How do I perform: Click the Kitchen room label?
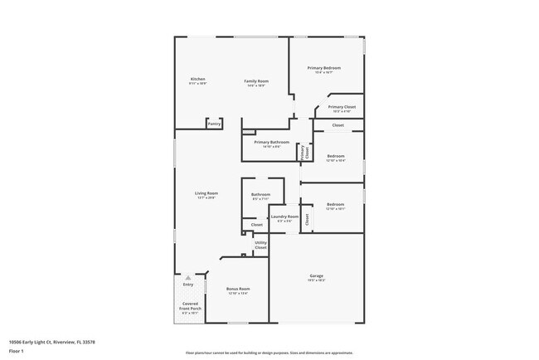[x=197, y=80]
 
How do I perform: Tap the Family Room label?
[x=255, y=81]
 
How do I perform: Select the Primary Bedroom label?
[x=324, y=68]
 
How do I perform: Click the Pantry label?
[x=214, y=124]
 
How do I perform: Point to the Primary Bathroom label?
[x=272, y=143]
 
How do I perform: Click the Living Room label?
[x=206, y=193]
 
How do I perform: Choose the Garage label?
[x=317, y=276]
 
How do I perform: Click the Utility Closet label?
[x=260, y=246]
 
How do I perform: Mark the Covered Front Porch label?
[x=190, y=307]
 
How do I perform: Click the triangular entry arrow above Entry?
[x=188, y=278]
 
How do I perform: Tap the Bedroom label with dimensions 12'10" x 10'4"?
[x=335, y=156]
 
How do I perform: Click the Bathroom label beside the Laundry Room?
[x=260, y=195]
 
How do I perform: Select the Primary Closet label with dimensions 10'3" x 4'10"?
[x=342, y=107]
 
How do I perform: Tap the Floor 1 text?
[x=16, y=351]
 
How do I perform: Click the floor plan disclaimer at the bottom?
[x=269, y=353]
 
